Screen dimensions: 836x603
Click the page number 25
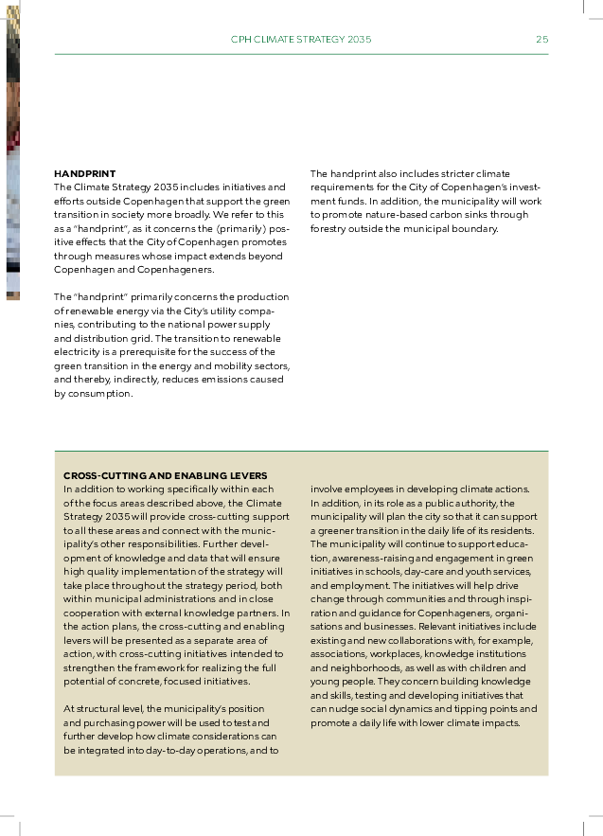point(541,40)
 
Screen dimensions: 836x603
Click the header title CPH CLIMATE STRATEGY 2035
point(301,40)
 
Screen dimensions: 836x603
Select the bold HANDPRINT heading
point(85,174)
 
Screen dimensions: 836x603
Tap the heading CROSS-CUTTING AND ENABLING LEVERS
point(166,475)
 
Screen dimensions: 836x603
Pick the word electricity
point(77,352)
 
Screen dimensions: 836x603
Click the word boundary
point(473,228)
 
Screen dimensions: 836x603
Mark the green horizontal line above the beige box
point(301,451)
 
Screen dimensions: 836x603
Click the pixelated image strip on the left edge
point(12,151)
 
